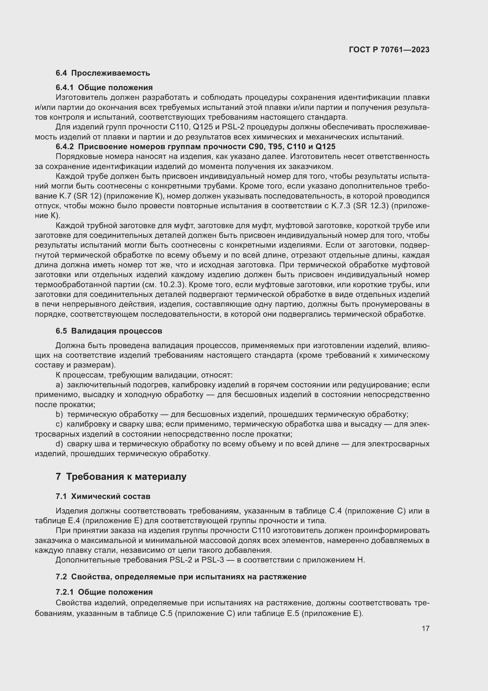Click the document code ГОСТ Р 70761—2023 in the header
pos(389,50)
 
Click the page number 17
pos(425,628)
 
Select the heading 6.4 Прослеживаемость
pos(103,73)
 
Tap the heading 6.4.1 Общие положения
pos(104,87)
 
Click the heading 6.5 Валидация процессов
pos(109,331)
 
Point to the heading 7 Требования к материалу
pos(121,477)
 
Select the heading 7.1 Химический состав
pos(103,497)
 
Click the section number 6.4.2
pos(65,147)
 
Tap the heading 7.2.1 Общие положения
pos(104,592)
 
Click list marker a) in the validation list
pos(59,385)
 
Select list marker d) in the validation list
pos(59,444)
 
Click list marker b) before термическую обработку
pos(59,415)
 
